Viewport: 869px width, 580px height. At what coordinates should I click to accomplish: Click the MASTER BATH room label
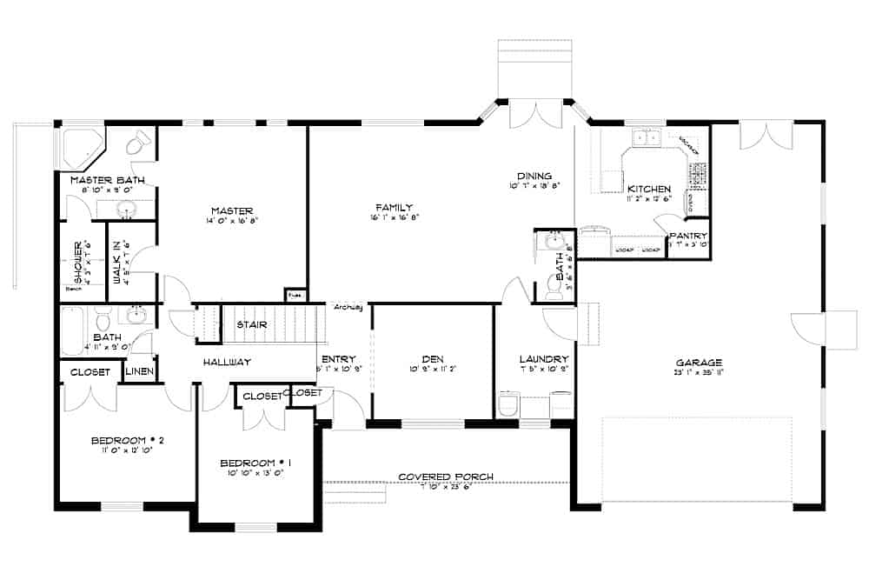tap(107, 180)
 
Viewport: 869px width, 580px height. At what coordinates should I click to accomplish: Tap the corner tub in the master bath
tap(81, 148)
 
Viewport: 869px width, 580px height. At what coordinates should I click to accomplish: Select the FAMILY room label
tap(394, 207)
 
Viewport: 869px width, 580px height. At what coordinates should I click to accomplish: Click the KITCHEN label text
tap(649, 189)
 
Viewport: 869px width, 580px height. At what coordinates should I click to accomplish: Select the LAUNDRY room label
tap(543, 359)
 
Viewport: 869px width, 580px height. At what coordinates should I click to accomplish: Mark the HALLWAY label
tap(227, 363)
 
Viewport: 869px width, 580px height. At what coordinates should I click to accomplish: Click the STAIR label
tap(251, 325)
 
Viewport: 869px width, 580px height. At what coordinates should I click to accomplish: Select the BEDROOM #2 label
tap(128, 440)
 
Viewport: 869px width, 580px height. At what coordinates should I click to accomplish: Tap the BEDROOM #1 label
tap(255, 462)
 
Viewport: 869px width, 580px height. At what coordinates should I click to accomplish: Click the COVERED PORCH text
tap(446, 477)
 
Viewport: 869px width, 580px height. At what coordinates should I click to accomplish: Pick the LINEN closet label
tap(140, 372)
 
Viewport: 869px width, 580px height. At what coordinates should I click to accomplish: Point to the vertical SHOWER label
tap(77, 263)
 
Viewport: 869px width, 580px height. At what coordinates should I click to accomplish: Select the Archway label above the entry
tap(348, 306)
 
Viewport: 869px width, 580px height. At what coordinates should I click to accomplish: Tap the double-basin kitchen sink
tap(647, 137)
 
